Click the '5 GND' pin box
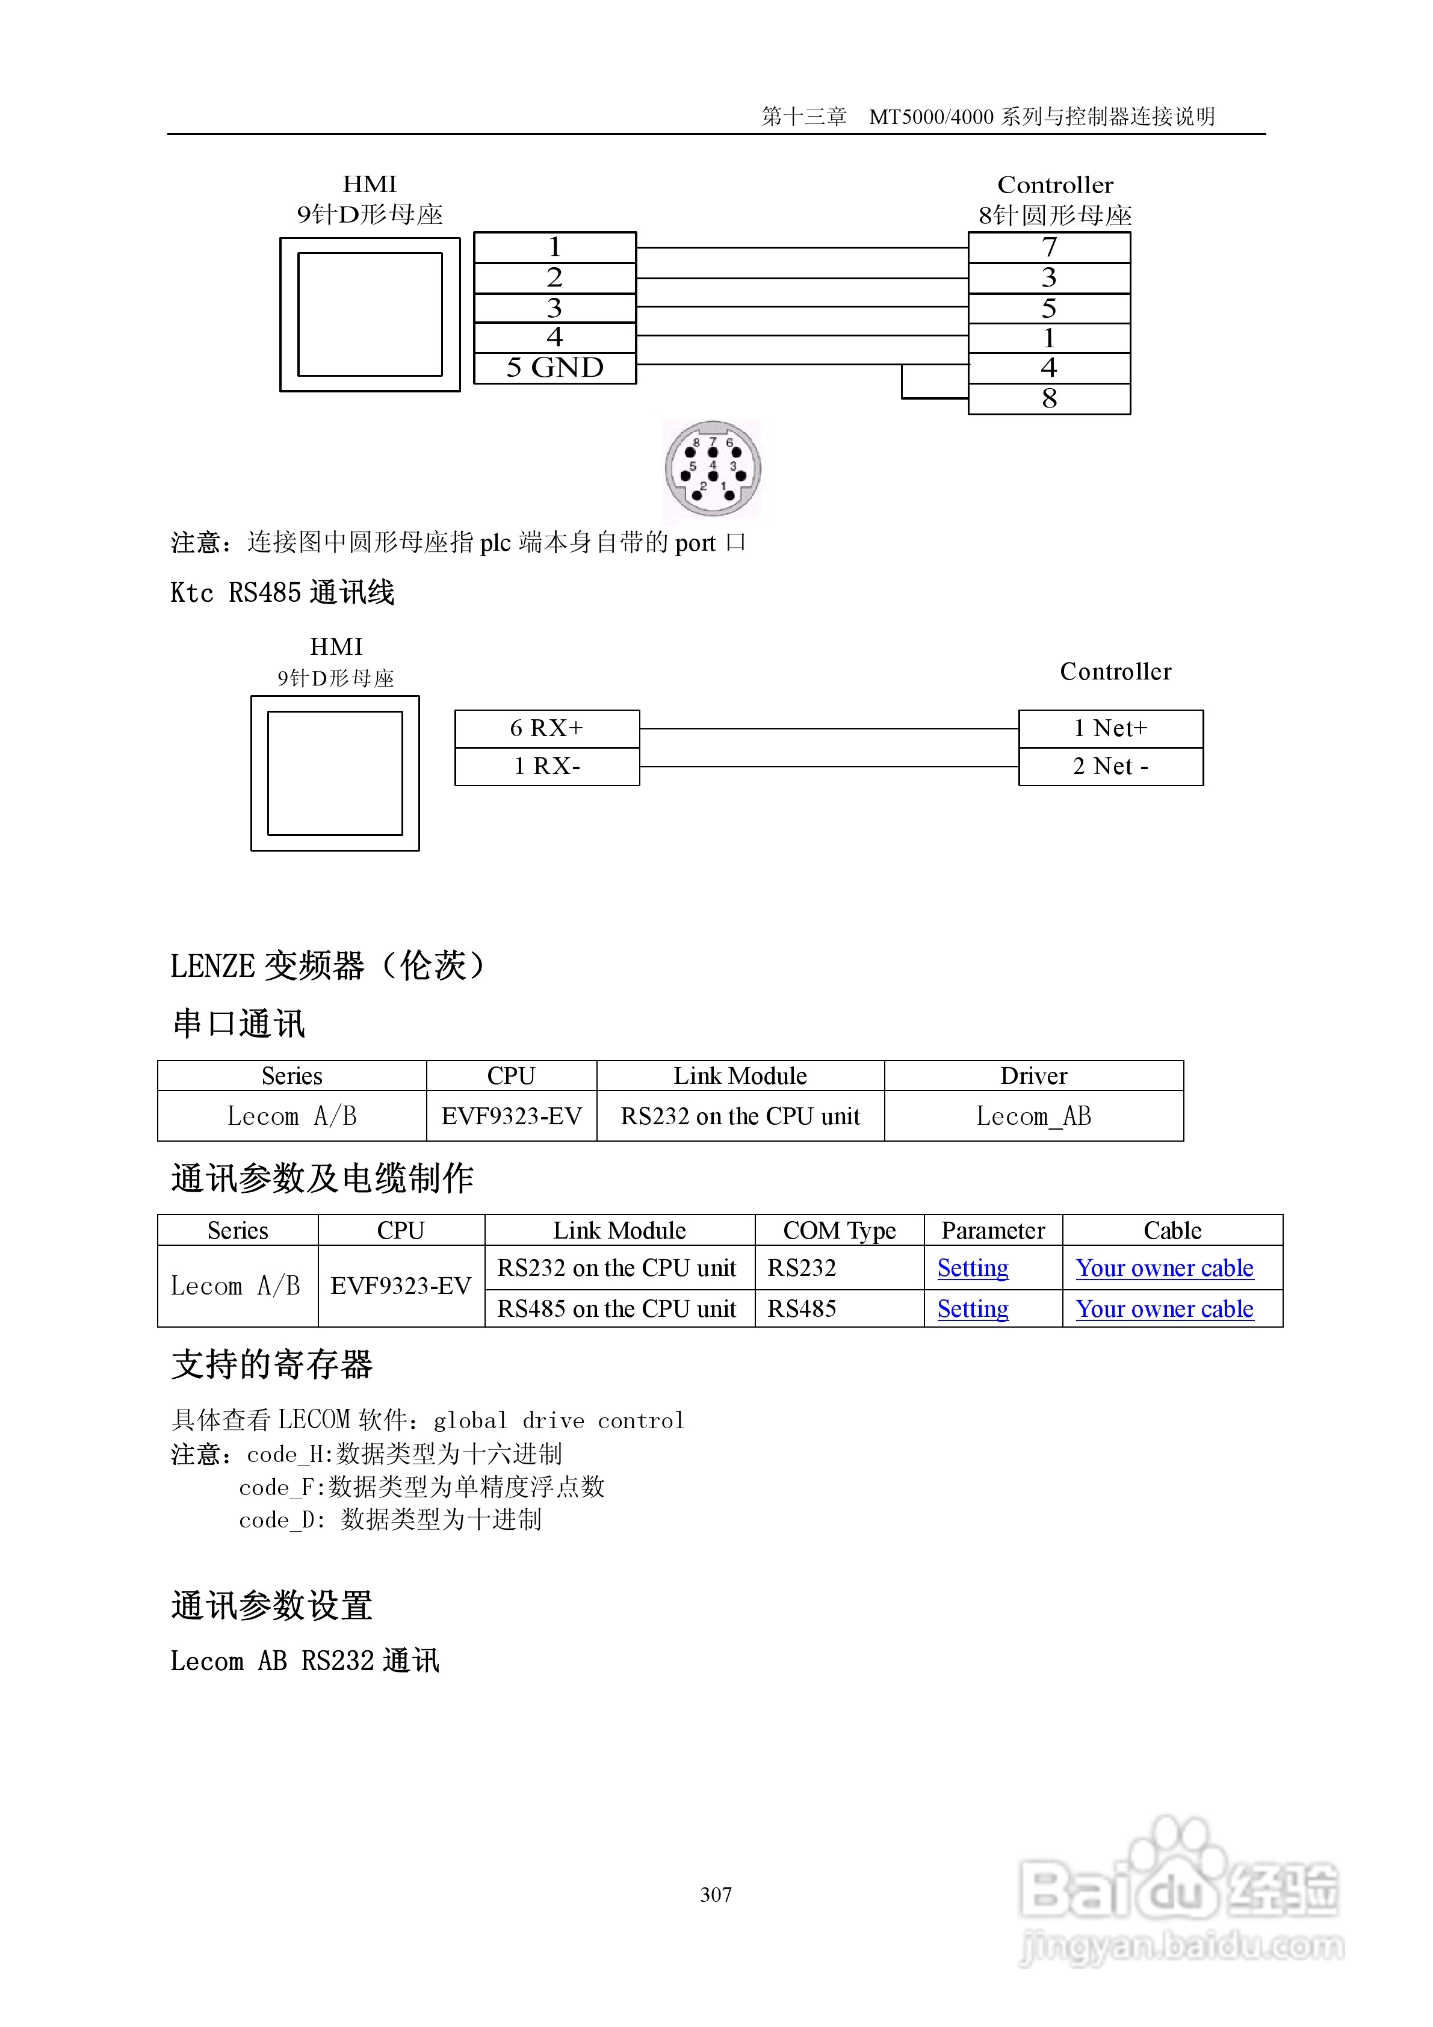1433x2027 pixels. coord(554,367)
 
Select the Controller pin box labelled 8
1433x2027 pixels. coord(1049,399)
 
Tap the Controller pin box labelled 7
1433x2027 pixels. coord(1049,247)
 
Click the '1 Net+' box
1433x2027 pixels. coord(1111,728)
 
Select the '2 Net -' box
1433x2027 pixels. coord(1111,766)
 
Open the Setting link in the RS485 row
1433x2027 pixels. coord(972,1308)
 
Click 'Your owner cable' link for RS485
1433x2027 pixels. coord(1164,1308)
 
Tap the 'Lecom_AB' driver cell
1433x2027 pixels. coord(1033,1116)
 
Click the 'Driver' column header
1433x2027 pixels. coord(1033,1075)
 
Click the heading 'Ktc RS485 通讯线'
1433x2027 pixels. coord(282,592)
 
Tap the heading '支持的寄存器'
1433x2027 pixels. coord(272,1365)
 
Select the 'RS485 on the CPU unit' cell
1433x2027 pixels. coord(616,1308)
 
